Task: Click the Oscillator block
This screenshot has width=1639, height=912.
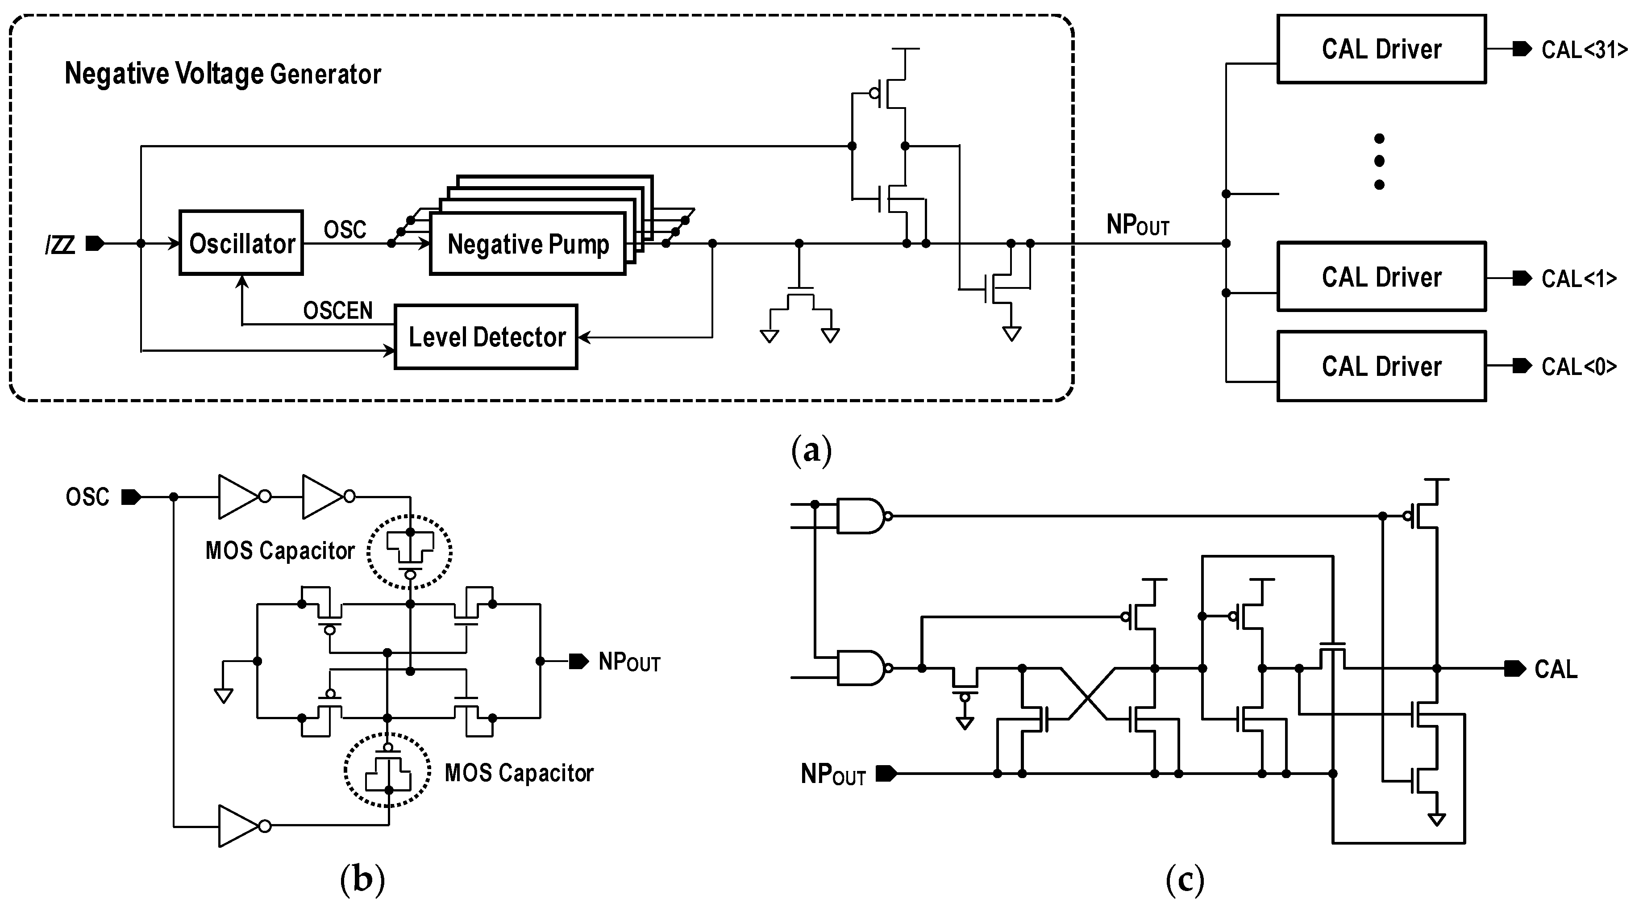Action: (241, 242)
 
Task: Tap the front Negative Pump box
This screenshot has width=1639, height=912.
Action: (528, 244)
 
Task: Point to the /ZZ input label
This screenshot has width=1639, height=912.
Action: (60, 244)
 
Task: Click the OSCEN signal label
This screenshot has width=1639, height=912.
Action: (338, 311)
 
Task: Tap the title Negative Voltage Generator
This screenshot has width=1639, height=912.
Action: (223, 74)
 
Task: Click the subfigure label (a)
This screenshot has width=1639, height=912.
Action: (811, 450)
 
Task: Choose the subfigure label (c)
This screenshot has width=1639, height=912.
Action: (1185, 880)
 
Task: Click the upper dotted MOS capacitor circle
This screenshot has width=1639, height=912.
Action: (410, 551)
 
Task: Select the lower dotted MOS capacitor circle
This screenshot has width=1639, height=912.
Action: (387, 770)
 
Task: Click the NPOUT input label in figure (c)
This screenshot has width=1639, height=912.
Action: (832, 775)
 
